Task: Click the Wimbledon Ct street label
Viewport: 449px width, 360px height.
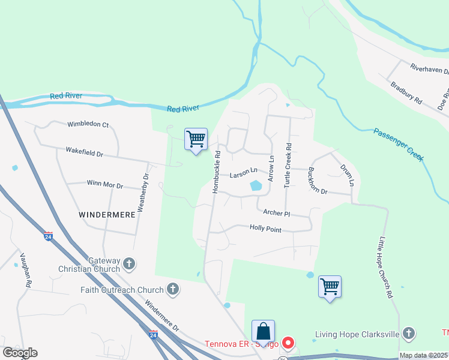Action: (88, 125)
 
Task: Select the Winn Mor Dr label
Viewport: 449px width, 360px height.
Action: (104, 185)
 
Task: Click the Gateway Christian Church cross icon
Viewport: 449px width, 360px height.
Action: (129, 263)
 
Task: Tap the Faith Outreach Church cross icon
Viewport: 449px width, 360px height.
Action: (172, 289)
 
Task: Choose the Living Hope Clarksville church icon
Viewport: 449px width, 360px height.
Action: (408, 333)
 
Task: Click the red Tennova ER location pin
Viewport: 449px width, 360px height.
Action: (288, 343)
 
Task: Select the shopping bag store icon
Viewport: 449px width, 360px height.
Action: (263, 331)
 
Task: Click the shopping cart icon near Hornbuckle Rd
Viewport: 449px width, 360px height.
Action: (196, 139)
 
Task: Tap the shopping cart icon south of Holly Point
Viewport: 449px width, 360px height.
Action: (330, 286)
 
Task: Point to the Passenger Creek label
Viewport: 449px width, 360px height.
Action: (399, 145)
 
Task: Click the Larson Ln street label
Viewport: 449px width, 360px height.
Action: (243, 175)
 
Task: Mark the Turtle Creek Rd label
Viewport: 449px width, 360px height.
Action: (288, 165)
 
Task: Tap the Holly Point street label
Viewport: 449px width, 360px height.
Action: (266, 229)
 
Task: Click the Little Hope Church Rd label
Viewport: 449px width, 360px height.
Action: (385, 268)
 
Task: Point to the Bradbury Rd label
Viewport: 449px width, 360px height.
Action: (406, 94)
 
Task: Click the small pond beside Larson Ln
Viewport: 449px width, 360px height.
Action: (256, 186)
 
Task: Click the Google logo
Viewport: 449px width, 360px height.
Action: (20, 353)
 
